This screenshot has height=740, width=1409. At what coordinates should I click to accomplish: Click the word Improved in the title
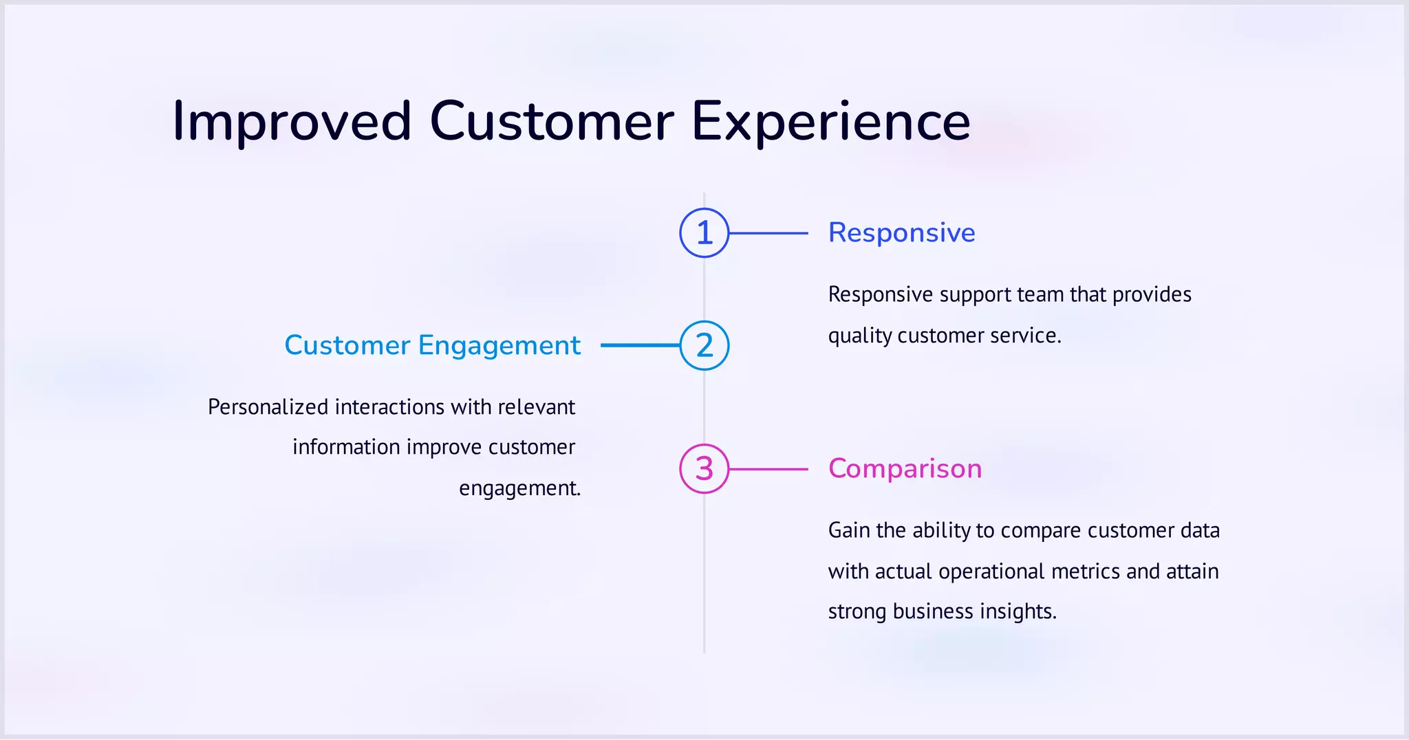pyautogui.click(x=292, y=122)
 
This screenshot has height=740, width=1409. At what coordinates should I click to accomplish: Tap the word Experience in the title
pyautogui.click(x=830, y=122)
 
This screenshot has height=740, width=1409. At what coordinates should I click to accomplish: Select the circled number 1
pyautogui.click(x=704, y=233)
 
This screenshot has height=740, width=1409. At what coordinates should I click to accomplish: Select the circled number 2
pyautogui.click(x=704, y=345)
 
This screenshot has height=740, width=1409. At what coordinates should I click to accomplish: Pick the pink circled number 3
pyautogui.click(x=704, y=469)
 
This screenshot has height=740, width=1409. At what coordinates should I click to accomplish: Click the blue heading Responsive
pyautogui.click(x=901, y=233)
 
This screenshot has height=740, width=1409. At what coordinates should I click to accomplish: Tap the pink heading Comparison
pyautogui.click(x=905, y=469)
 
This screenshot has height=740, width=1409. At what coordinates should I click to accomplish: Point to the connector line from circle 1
pyautogui.click(x=768, y=233)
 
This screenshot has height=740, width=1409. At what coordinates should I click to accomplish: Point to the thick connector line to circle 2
pyautogui.click(x=640, y=345)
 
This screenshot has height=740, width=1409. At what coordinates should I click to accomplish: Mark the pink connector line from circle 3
pyautogui.click(x=768, y=469)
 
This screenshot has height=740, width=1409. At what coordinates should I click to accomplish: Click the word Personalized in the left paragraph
pyautogui.click(x=268, y=407)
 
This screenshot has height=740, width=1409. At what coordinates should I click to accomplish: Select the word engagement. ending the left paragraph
pyautogui.click(x=519, y=488)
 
